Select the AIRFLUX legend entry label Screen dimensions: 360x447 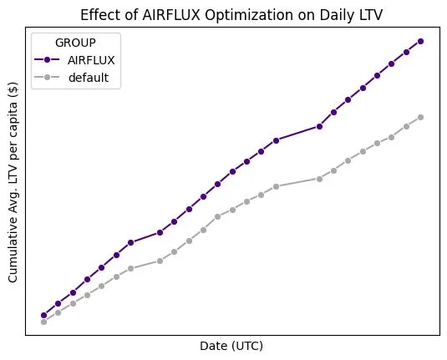(x=92, y=60)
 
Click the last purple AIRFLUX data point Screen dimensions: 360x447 (x=420, y=41)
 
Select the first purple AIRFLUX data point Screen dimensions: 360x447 (x=43, y=315)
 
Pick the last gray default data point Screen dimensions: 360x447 (x=420, y=117)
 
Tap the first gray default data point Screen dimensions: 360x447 (x=43, y=322)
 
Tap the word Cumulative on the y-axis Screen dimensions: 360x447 (x=14, y=251)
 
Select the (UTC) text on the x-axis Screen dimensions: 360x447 (x=247, y=345)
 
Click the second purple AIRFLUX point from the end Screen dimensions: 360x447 (x=406, y=52)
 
